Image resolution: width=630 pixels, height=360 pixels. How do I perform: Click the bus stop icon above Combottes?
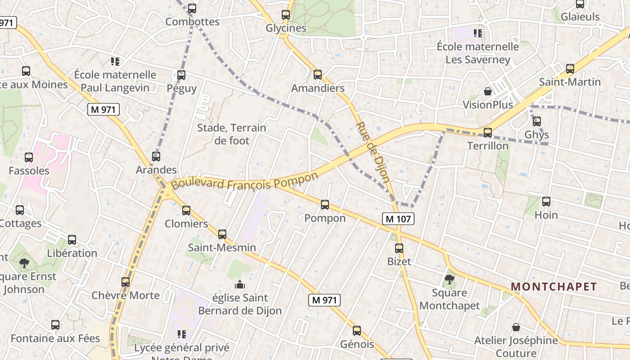[192, 8]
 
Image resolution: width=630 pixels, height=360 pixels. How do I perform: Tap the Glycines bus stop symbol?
[286, 14]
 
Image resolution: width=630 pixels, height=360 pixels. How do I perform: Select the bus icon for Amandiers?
[318, 75]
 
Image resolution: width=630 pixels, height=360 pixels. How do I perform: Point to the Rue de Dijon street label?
[373, 152]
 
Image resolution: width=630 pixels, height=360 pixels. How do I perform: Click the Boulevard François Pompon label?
[244, 181]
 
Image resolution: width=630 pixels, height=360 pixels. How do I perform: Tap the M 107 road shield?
[398, 219]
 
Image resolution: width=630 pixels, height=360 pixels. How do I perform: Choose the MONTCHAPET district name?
[554, 287]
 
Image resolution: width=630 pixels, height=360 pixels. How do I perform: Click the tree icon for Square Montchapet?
[449, 279]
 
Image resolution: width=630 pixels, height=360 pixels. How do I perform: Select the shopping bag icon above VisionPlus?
[487, 92]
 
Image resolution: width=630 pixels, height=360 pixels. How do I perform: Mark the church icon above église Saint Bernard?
[240, 284]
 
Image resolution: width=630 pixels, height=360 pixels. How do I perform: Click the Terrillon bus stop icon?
[488, 132]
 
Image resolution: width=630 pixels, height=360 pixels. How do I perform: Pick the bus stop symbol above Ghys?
[537, 121]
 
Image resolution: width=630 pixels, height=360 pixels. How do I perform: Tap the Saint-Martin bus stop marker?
[570, 69]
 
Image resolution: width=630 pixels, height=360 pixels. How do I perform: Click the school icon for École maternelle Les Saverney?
[477, 33]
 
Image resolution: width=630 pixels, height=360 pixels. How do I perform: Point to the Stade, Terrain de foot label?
[232, 134]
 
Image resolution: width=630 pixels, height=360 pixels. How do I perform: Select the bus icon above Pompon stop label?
[325, 205]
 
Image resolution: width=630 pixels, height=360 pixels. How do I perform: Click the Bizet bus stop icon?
[399, 248]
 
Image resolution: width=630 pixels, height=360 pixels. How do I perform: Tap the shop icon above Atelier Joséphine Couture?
[516, 327]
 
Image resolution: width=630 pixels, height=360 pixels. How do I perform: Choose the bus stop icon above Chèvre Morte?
[126, 282]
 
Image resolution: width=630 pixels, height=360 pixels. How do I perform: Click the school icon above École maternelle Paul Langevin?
[115, 61]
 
